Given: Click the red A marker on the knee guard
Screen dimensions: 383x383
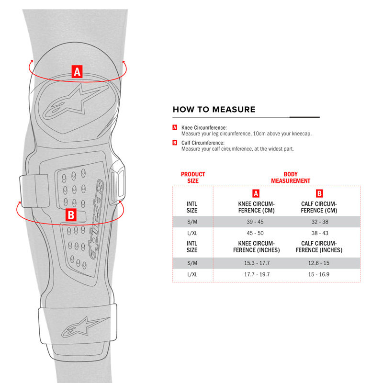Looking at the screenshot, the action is click(x=77, y=72).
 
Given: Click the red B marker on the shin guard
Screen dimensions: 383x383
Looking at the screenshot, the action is click(x=71, y=215).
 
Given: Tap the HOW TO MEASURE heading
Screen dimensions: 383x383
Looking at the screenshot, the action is click(x=214, y=110).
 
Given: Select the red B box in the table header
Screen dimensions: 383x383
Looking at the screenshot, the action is click(x=319, y=194).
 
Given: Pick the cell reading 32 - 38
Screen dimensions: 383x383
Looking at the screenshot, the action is click(x=319, y=222).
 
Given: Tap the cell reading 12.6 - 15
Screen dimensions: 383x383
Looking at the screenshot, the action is click(x=319, y=263).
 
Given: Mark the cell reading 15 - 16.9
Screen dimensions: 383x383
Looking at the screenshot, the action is click(x=319, y=274).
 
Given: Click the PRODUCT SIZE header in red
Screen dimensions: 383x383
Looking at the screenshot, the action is click(x=193, y=178).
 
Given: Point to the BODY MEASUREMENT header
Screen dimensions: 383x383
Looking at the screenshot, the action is click(x=291, y=178).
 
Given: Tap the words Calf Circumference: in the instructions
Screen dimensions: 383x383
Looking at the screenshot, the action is click(x=203, y=143).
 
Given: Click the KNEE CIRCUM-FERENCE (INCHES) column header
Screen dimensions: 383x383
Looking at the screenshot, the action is click(x=256, y=247).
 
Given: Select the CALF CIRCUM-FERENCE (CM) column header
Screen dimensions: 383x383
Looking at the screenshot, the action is click(x=319, y=207).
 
